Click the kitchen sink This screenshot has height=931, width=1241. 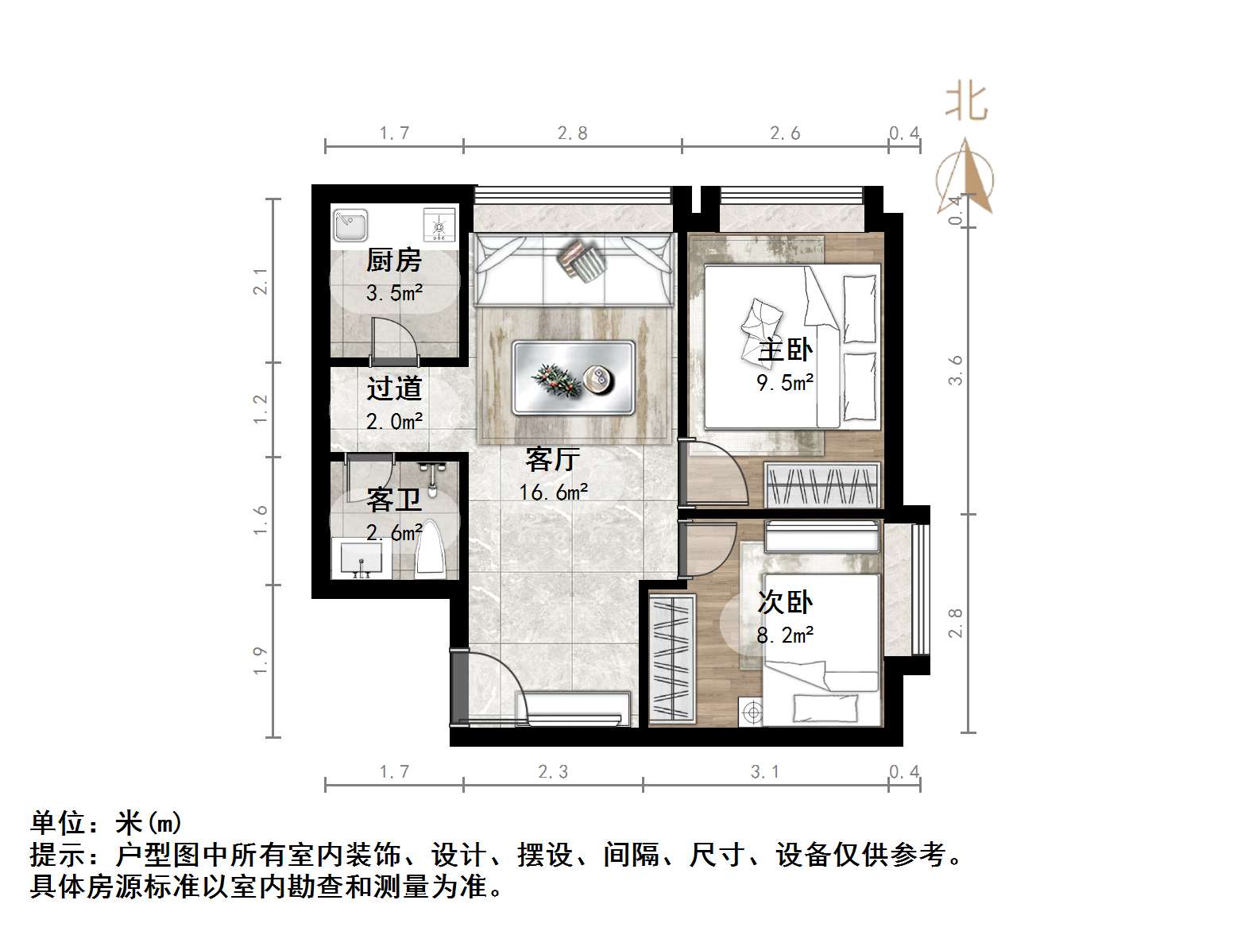(350, 225)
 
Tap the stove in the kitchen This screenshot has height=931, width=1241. (439, 225)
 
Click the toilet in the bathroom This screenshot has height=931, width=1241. (431, 549)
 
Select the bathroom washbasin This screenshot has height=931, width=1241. (361, 558)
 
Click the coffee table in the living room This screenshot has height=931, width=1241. (573, 377)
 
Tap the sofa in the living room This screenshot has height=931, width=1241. (573, 269)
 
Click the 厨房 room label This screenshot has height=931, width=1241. (394, 261)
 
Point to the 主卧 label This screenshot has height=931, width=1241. (785, 350)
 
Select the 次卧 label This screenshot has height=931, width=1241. (785, 602)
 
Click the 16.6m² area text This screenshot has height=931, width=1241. (554, 493)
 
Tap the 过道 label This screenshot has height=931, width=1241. (394, 388)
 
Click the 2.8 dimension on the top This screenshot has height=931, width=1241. (572, 133)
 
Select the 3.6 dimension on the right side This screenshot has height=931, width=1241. (955, 370)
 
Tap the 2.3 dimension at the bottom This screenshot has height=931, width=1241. (553, 771)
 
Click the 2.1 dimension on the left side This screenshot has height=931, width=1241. (261, 281)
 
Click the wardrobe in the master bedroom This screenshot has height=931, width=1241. (822, 484)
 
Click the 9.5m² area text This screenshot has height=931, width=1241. (785, 384)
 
